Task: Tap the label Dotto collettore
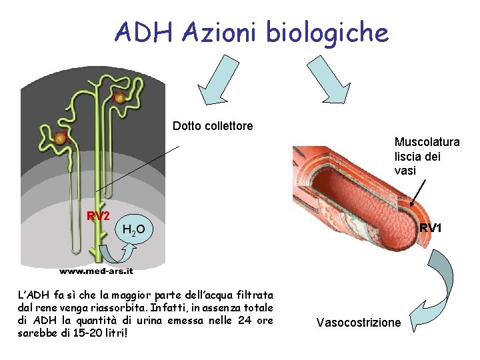pos(213,125)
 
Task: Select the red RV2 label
pos(98,216)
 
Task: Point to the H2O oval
pos(138,231)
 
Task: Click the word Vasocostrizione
pos(359,323)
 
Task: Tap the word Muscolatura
pos(427,142)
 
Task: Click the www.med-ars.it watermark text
pos(97,271)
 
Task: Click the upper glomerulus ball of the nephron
pos(120,98)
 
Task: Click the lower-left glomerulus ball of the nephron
pos(61,138)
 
